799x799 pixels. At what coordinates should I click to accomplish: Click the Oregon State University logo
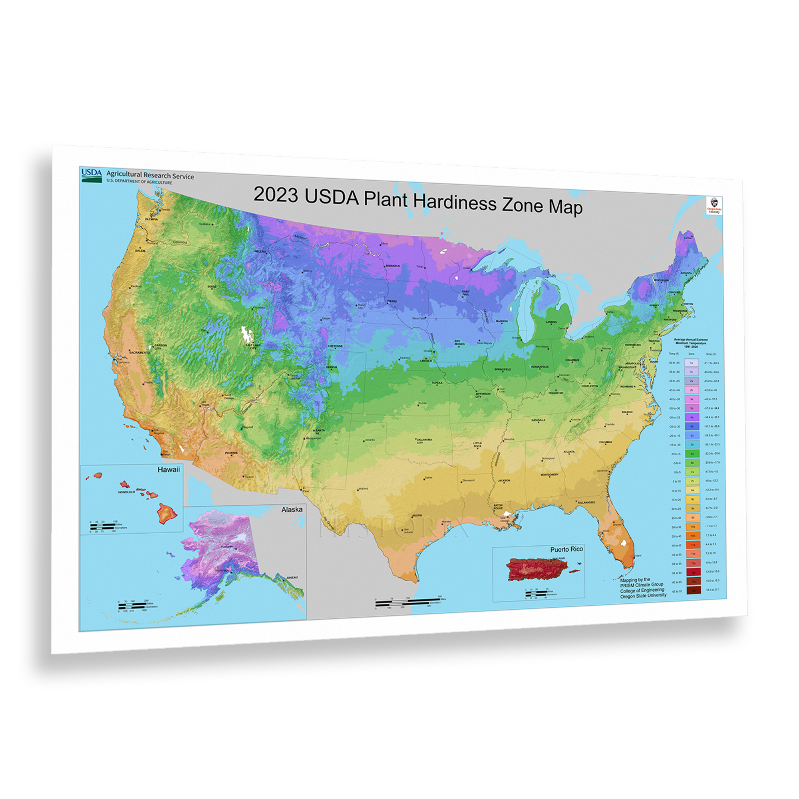click(x=714, y=205)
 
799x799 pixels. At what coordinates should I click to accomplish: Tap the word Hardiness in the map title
click(x=455, y=203)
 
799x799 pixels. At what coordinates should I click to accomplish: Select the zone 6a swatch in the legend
click(x=692, y=454)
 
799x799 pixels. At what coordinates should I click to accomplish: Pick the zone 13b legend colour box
click(x=694, y=590)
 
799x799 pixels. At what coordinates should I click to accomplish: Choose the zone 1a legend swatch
click(x=691, y=363)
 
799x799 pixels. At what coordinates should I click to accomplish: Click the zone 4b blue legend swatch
click(x=692, y=426)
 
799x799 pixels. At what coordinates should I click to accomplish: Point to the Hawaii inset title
click(x=169, y=470)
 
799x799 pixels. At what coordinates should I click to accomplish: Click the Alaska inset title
click(x=292, y=509)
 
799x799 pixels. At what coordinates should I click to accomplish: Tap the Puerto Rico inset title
click(x=566, y=549)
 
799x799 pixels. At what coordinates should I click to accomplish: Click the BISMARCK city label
click(x=393, y=266)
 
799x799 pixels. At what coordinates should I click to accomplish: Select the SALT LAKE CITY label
click(x=253, y=346)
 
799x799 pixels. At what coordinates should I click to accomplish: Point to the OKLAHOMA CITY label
click(x=424, y=441)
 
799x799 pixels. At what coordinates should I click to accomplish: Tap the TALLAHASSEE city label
click(x=586, y=502)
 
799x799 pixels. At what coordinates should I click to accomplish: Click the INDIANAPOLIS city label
click(x=540, y=366)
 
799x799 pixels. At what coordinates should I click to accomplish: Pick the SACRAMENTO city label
click(x=139, y=352)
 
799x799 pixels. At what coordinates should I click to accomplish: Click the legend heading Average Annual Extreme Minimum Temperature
click(x=691, y=342)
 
